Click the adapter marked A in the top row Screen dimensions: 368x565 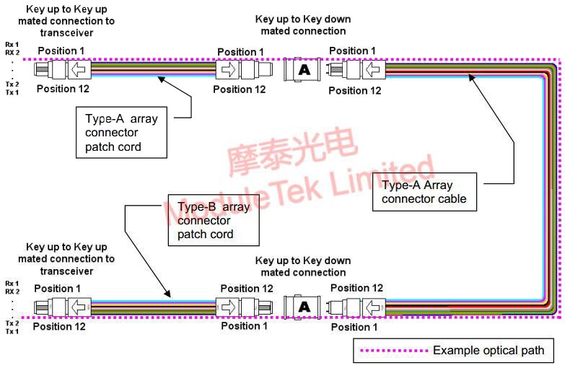[x=304, y=70]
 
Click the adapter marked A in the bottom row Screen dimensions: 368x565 [x=304, y=307]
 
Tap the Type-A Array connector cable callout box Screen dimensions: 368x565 [x=424, y=192]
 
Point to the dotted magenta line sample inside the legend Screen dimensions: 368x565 [x=392, y=351]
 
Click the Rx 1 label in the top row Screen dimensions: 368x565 [x=12, y=43]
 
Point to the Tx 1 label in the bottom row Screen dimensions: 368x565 [x=12, y=332]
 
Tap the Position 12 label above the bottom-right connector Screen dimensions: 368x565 [x=354, y=288]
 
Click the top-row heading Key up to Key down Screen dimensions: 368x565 [x=303, y=19]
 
